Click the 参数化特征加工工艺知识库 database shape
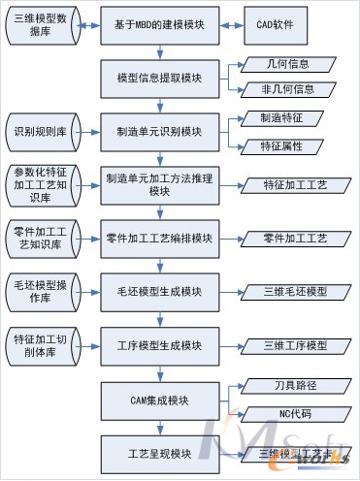pos(42,183)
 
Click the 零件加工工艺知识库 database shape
pos(42,238)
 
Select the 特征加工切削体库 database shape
pos(42,346)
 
